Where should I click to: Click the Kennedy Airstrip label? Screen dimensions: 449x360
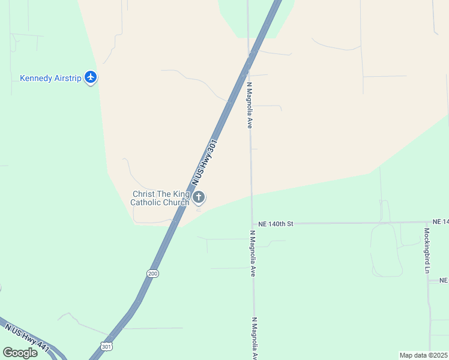pos(50,78)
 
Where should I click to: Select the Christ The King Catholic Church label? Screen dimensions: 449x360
pos(160,198)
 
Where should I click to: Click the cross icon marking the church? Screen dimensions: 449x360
pos(199,197)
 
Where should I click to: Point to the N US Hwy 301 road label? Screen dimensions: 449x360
pos(204,163)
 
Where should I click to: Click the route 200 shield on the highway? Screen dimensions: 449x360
pos(152,273)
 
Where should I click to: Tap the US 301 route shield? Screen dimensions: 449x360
pos(106,346)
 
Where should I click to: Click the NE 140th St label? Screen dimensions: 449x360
pos(276,224)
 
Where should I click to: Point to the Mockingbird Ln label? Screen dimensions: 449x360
pos(427,250)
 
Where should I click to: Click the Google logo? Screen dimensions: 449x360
pos(20,352)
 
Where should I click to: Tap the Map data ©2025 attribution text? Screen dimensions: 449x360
pos(424,355)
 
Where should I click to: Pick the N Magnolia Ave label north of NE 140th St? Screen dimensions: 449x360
pos(249,106)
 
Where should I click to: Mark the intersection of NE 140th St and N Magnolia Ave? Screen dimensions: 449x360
pos(252,224)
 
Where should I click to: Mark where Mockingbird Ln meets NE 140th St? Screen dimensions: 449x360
pos(427,222)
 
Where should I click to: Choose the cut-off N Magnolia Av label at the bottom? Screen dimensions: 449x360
pos(255,338)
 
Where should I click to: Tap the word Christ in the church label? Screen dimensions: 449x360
pos(143,194)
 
